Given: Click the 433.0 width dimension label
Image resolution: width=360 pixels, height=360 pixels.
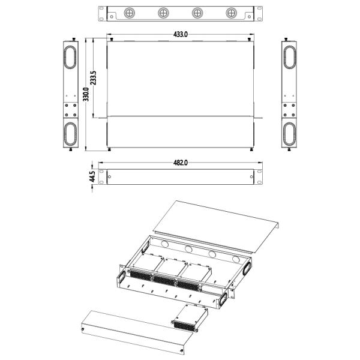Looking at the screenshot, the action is (x=181, y=34).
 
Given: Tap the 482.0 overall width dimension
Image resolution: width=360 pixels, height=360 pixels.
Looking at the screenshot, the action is (x=181, y=163).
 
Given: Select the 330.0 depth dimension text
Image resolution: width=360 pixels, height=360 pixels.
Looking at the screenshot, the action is (x=86, y=94).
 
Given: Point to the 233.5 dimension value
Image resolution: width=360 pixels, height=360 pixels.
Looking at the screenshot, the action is (x=94, y=78).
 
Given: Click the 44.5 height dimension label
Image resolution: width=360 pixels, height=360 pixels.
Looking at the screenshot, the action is (x=92, y=176).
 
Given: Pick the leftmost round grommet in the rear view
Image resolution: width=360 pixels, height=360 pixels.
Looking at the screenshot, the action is (x=130, y=13).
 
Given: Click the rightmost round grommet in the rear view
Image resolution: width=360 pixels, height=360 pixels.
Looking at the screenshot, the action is (x=231, y=13).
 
